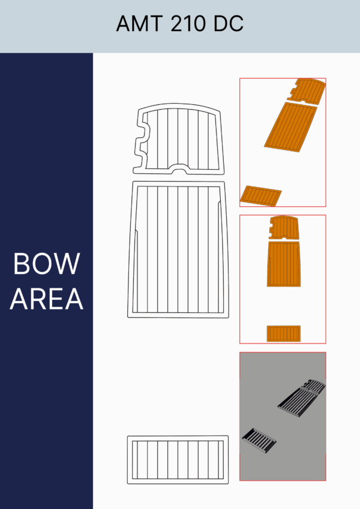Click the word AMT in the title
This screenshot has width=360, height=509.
[140, 23]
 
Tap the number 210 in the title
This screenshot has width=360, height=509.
[188, 23]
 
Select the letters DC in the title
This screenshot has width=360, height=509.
[229, 23]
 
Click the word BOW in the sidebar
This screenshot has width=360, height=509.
[46, 264]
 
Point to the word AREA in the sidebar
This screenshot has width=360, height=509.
[46, 299]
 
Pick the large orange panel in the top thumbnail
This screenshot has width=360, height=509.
[291, 127]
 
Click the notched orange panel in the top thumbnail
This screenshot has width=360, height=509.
[307, 91]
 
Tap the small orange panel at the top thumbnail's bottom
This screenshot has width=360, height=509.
[260, 195]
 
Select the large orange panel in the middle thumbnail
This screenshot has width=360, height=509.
[283, 264]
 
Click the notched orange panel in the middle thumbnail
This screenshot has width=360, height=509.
[284, 228]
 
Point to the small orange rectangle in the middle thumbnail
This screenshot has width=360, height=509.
[284, 334]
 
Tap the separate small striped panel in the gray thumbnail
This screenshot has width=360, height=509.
[259, 440]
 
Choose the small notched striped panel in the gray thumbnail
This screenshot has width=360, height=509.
[314, 385]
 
